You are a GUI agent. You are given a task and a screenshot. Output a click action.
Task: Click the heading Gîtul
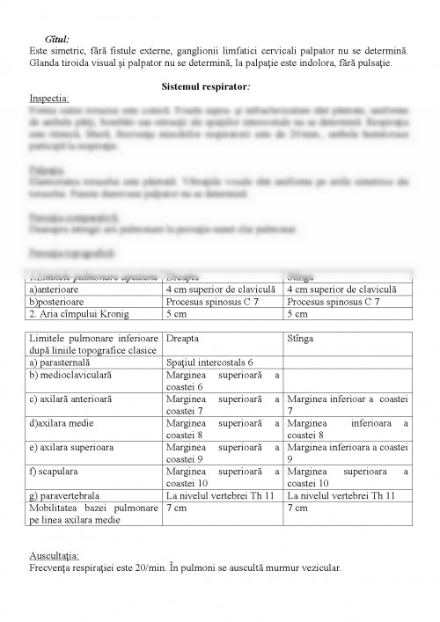click(58, 40)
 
